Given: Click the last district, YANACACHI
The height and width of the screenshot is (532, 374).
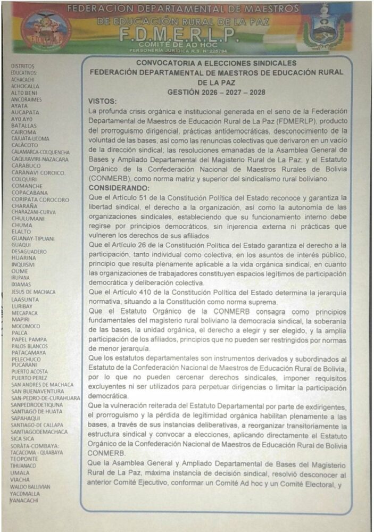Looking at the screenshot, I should (24, 500).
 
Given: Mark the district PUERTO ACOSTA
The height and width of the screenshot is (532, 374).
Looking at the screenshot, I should (29, 371).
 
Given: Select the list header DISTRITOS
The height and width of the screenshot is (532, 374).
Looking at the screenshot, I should (22, 65).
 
